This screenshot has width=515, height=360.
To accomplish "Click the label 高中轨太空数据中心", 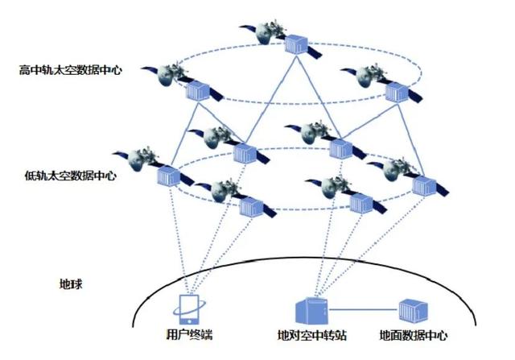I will coord(71,70).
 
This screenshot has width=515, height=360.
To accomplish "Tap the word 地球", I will coord(72,284).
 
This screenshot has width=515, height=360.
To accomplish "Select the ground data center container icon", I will coord(413,308).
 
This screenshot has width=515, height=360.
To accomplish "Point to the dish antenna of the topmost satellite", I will coord(263,32).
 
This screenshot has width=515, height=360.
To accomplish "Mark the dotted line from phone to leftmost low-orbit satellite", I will coord(179,242).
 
